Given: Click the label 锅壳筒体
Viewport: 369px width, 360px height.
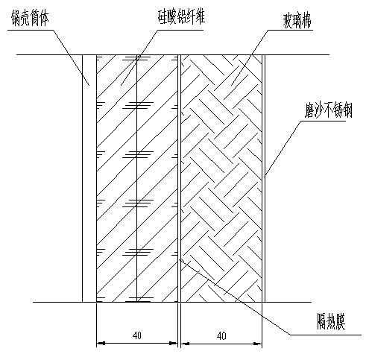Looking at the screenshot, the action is pyautogui.click(x=30, y=19).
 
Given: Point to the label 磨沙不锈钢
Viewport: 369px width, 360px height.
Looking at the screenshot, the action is pyautogui.click(x=328, y=111).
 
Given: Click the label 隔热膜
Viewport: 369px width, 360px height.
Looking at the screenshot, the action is pyautogui.click(x=331, y=321).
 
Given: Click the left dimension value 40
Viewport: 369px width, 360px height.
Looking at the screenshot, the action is pyautogui.click(x=137, y=335).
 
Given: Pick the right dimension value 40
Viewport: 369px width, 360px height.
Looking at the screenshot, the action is pyautogui.click(x=221, y=336).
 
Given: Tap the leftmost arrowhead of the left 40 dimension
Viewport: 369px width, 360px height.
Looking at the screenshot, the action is pyautogui.click(x=101, y=344).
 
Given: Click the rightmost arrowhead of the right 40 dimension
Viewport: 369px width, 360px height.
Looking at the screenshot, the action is pyautogui.click(x=258, y=344).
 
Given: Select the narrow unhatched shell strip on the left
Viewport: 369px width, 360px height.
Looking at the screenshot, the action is pyautogui.click(x=89, y=178).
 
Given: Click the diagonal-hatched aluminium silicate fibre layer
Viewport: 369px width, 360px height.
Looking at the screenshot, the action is pyautogui.click(x=137, y=178).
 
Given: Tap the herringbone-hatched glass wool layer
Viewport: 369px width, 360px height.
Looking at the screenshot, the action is pyautogui.click(x=221, y=178).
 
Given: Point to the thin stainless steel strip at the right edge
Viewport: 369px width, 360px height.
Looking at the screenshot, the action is pyautogui.click(x=263, y=178).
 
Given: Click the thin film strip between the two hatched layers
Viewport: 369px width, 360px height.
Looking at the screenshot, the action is pyautogui.click(x=179, y=178).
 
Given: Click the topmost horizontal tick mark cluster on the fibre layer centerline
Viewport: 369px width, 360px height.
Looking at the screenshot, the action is pyautogui.click(x=137, y=58).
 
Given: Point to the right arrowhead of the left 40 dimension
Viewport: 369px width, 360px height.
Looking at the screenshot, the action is pyautogui.click(x=174, y=344).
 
